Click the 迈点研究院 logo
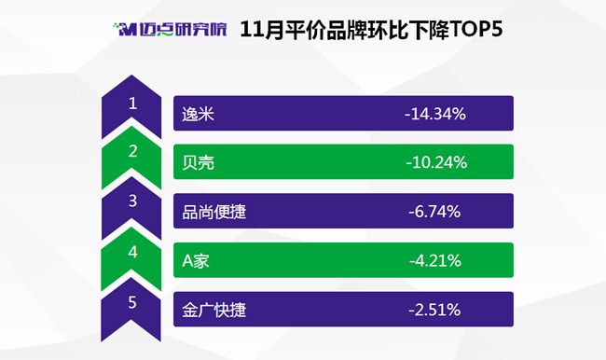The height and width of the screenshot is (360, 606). coord(170,30)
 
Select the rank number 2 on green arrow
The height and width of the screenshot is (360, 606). coord(132,151)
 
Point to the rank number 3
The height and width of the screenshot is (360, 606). coord(132,201)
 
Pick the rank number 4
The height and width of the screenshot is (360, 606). coord(132,252)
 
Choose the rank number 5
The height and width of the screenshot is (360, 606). coord(132,302)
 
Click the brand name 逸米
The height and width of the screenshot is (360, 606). coord(198,114)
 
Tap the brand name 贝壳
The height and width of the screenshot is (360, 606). coord(198,163)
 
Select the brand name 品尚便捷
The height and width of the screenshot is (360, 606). coord(213,212)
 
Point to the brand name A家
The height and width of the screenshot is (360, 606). coord(196,261)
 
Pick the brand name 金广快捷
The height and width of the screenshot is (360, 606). coord(213,311)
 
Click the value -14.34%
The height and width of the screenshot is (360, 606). coord(435,114)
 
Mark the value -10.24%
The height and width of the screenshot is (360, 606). coord(436,163)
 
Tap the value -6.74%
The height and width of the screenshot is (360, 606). coord(434,212)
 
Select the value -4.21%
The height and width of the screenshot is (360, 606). coord(435,261)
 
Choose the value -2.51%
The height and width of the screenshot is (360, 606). coord(434,311)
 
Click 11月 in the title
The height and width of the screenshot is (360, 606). coord(262,30)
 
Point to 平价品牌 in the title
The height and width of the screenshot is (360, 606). coord(325,30)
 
